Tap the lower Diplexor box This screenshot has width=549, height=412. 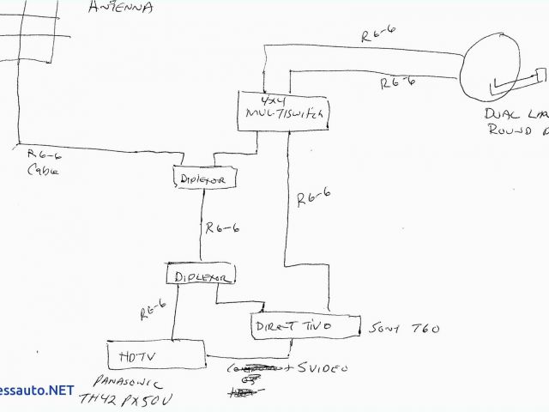[201, 276]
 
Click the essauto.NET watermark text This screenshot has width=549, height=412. [38, 390]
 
